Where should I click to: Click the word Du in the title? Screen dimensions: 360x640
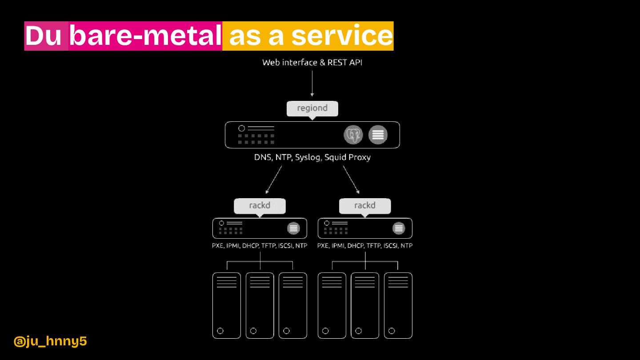point(44,36)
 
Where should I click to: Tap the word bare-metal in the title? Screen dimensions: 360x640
point(145,36)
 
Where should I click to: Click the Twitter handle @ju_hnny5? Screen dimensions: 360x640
point(50,341)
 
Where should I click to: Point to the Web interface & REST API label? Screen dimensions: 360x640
point(312,63)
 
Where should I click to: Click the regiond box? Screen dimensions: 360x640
point(312,108)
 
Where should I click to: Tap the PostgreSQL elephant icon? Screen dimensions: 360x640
point(353,135)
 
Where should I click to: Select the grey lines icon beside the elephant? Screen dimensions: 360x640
point(378,135)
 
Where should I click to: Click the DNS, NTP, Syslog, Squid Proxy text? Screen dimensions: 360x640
point(312,157)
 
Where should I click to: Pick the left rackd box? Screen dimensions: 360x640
point(260,206)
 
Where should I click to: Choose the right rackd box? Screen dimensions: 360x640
point(365,206)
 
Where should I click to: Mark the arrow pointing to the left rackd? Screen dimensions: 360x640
point(274,180)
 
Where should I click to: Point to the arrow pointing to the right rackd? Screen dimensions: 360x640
point(351,180)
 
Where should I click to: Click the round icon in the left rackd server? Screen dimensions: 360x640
point(293,228)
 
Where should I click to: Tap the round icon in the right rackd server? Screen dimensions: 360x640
point(399,228)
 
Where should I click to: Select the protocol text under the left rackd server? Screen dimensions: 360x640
point(260,246)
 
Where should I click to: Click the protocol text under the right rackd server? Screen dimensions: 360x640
point(365,246)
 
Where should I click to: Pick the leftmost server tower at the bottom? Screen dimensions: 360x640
point(227,305)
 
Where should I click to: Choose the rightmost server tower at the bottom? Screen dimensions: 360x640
point(398,305)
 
